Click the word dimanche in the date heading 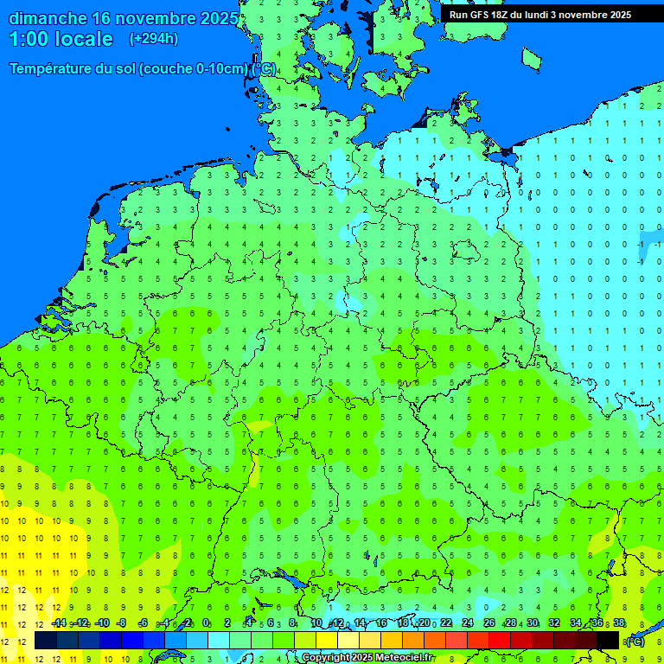tap(48, 18)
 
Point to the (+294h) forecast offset tap(154, 39)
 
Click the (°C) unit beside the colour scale tap(635, 641)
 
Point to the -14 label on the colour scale tap(59, 623)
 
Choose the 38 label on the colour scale tap(619, 623)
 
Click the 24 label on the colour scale tap(468, 623)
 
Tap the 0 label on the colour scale tap(206, 623)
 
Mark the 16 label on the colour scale tap(381, 623)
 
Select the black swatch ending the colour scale tap(608, 640)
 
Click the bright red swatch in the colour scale tap(499, 640)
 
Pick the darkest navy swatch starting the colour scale tap(45, 640)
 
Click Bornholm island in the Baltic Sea tap(531, 58)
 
